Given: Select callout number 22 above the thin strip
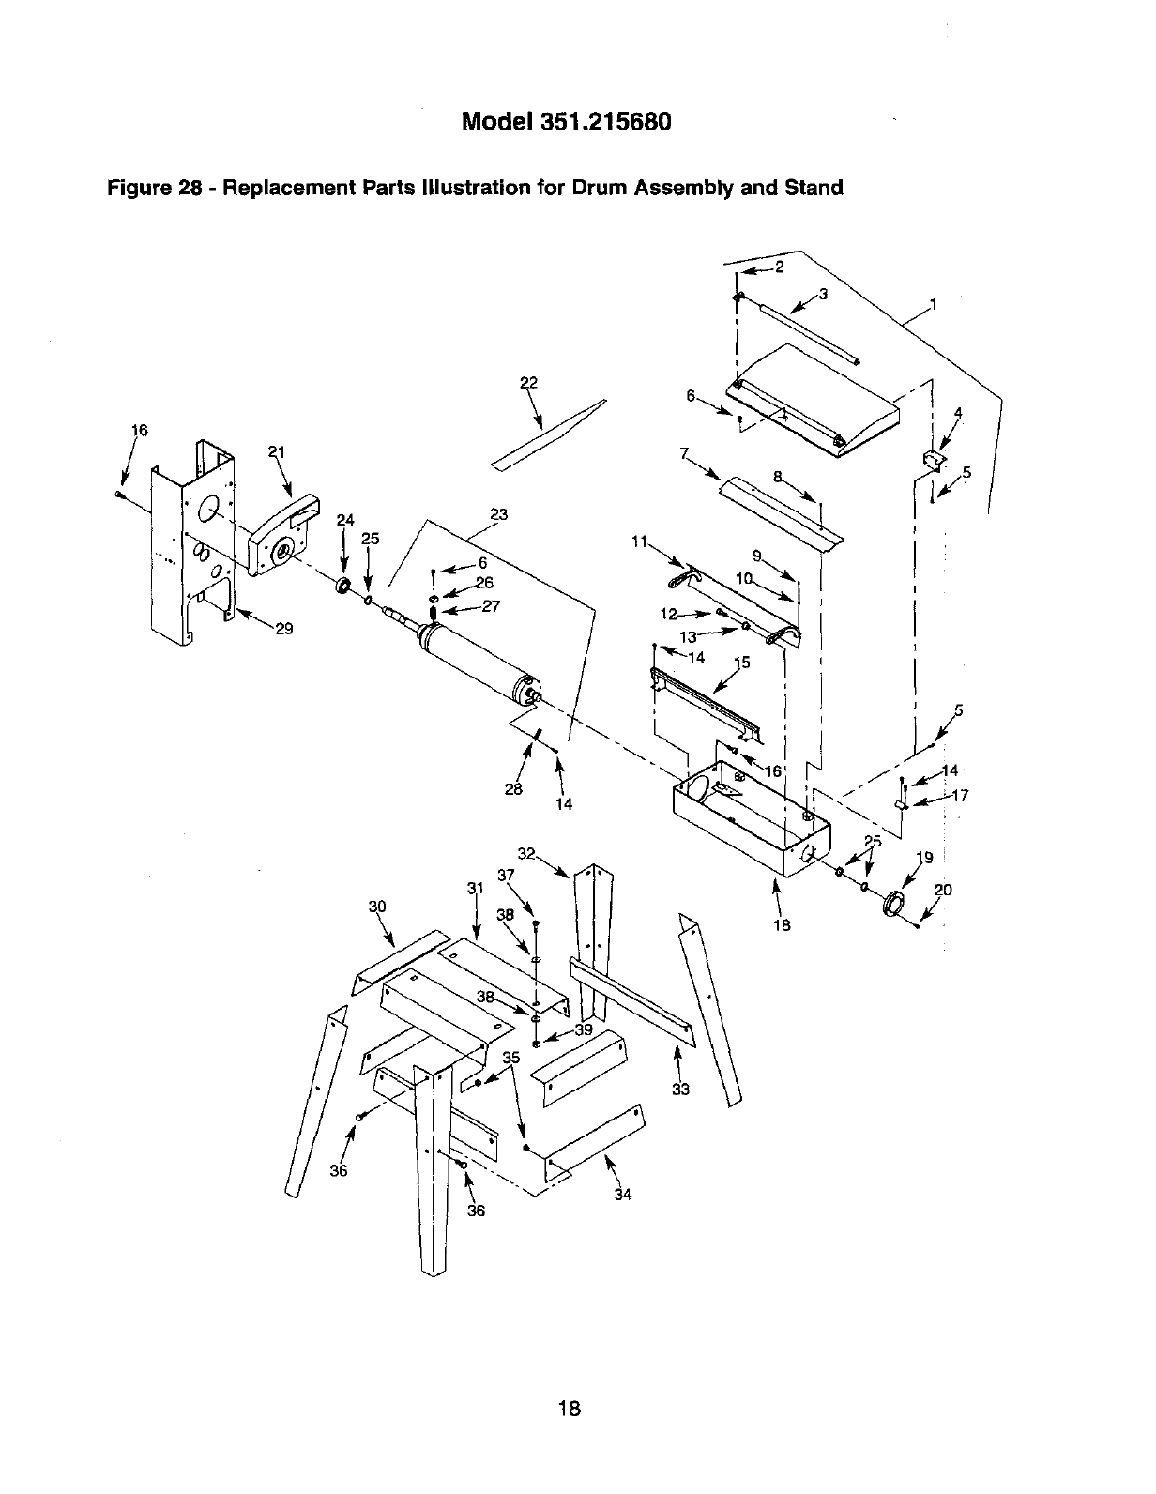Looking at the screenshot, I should (528, 382).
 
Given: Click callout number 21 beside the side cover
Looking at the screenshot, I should (276, 451).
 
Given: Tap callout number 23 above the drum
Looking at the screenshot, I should (498, 514).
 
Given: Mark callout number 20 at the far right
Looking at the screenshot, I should (943, 890).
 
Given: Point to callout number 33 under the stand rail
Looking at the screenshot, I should (680, 1090).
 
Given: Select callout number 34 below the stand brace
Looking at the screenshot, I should (622, 1195).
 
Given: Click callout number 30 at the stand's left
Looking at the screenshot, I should (377, 907).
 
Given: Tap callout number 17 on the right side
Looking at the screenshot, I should (959, 797).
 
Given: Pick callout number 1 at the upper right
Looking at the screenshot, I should (933, 303).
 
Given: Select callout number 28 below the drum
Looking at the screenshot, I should (512, 789).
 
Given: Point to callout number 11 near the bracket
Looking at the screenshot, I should (640, 541).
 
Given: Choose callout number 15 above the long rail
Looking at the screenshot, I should (741, 663).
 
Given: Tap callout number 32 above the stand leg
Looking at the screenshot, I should (525, 853).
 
